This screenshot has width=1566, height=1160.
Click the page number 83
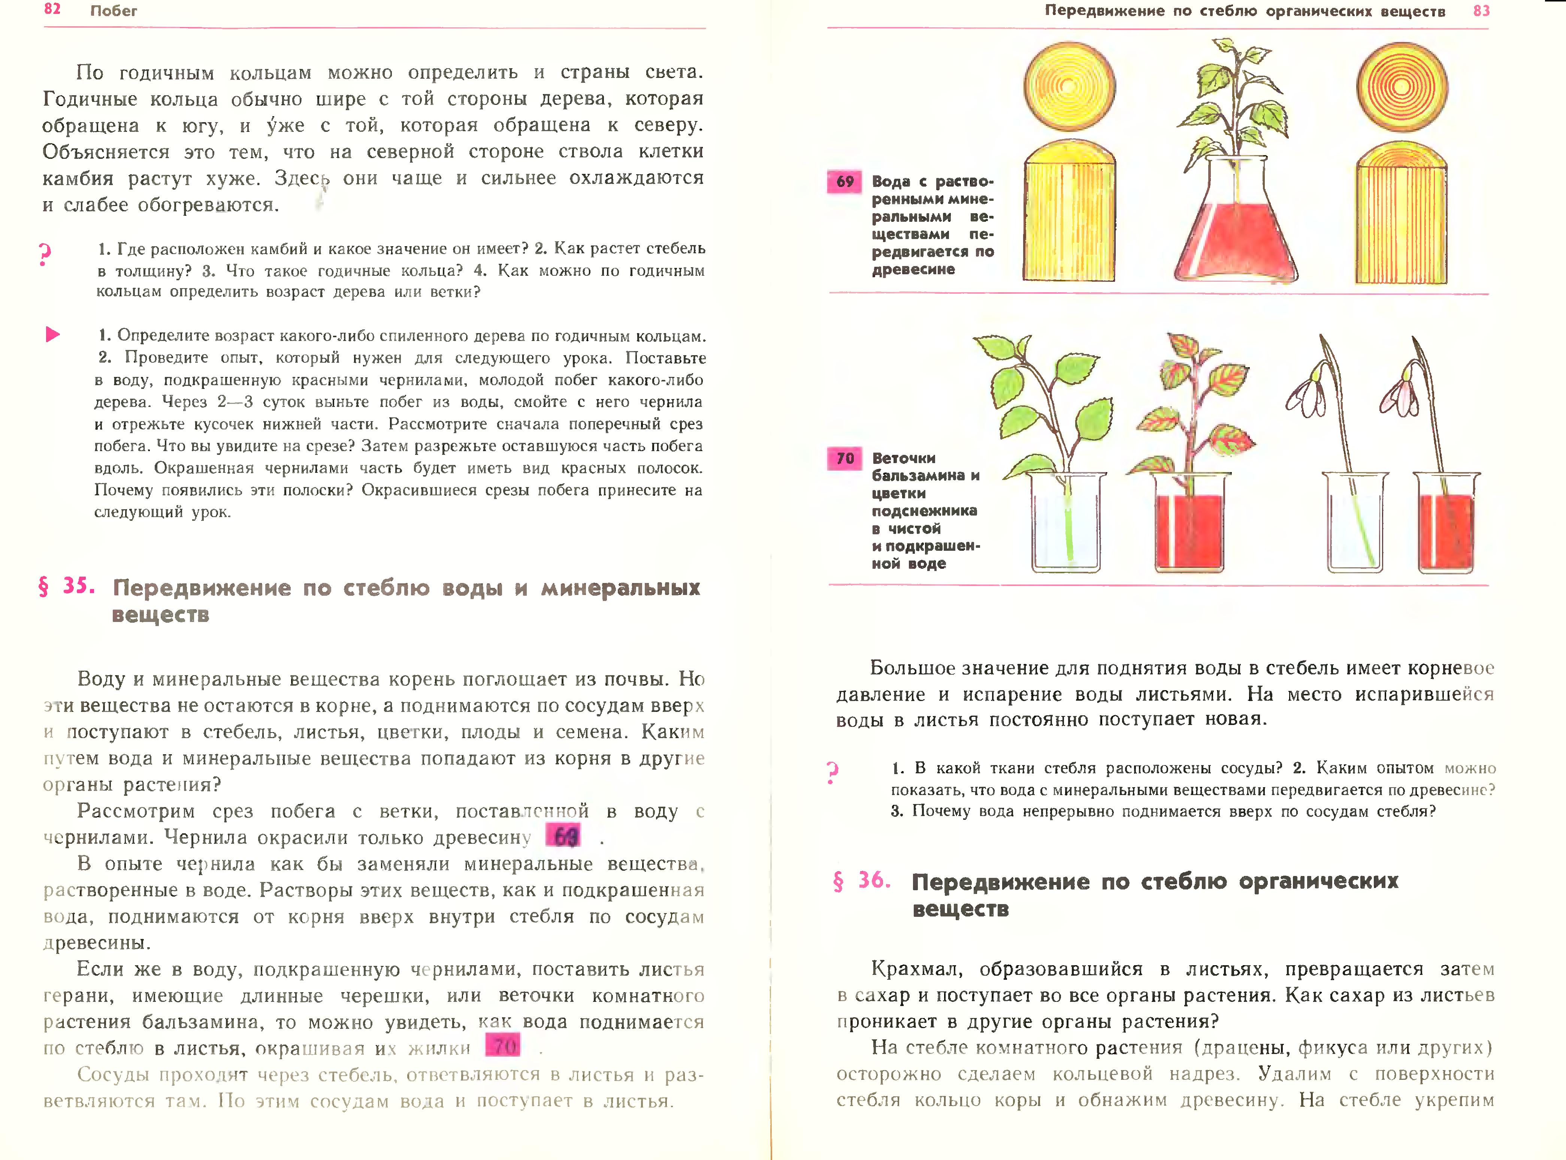pos(1481,10)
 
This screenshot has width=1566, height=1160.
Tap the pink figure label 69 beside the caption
pos(844,182)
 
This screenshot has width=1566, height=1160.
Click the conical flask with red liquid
pos(1236,225)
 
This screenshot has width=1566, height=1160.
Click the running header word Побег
pos(114,10)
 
